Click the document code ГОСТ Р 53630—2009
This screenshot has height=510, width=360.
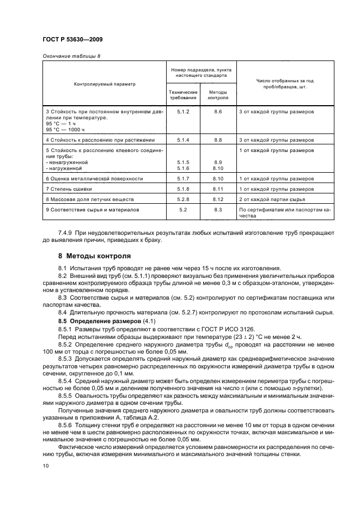72,40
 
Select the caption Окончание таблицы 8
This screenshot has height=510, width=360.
71,56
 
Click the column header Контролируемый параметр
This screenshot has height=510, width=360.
105,84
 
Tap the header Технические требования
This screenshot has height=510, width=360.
182,95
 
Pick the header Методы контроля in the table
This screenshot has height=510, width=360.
218,95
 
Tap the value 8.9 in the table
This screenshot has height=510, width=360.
218,162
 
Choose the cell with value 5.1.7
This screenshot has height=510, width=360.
182,178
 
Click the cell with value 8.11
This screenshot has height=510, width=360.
218,189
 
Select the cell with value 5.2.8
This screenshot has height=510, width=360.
182,199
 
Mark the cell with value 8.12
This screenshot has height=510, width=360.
218,199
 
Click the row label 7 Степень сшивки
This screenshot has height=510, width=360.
68,189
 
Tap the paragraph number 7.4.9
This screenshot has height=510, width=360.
66,232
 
